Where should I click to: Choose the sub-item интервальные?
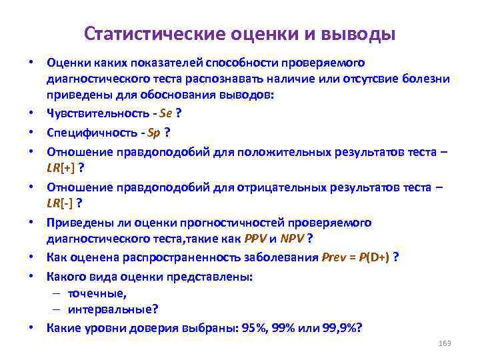coord(111,310)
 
